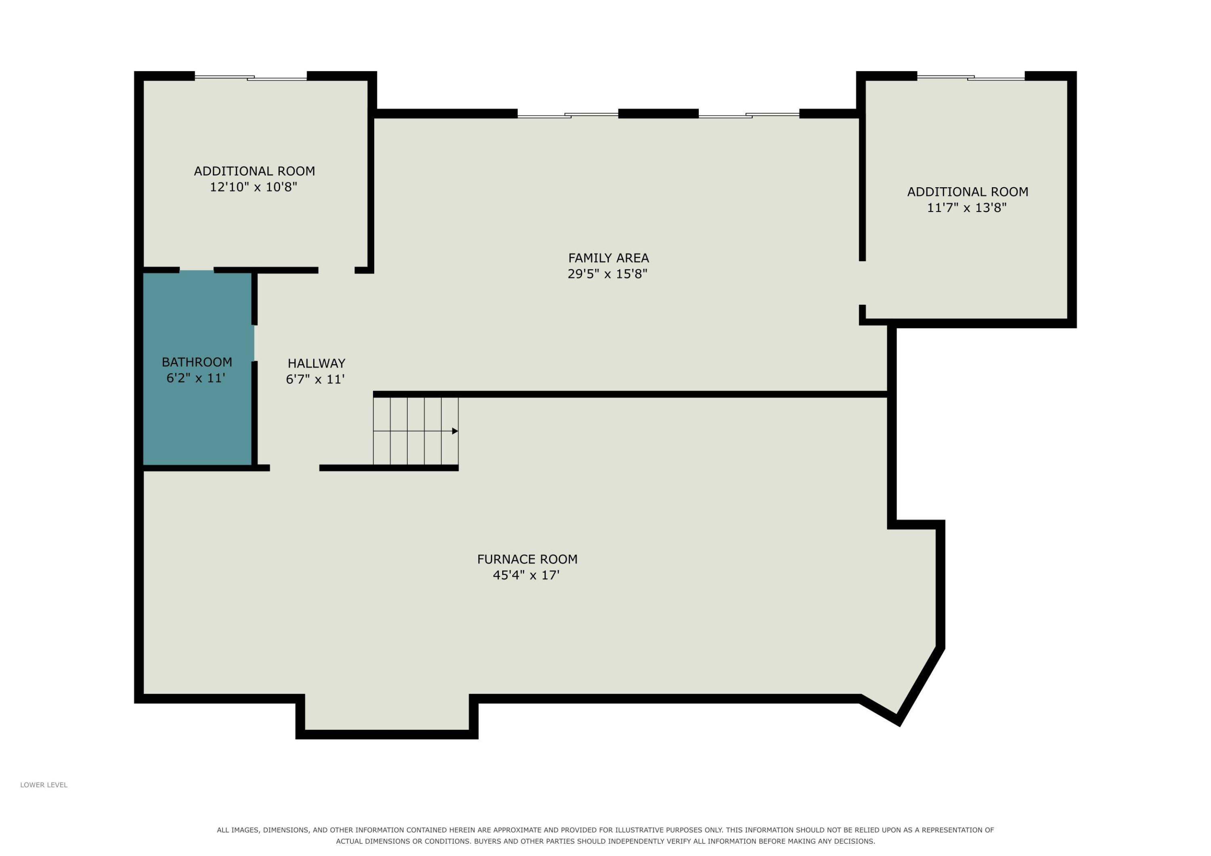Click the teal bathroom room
coord(197,368)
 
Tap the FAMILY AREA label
coord(608,258)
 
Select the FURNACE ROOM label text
coord(527,559)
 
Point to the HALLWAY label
coord(316,363)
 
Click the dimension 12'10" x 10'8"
coord(254,187)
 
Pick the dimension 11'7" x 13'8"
coord(967,208)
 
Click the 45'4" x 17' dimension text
coord(526,575)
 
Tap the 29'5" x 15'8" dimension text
coord(607,274)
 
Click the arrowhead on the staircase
coord(455,431)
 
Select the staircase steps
coord(416,431)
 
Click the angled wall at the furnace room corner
coord(921,686)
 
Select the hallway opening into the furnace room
coord(295,468)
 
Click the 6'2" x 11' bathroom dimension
coord(196,378)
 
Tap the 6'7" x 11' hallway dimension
coord(315,379)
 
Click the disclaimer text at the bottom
coord(605,835)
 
